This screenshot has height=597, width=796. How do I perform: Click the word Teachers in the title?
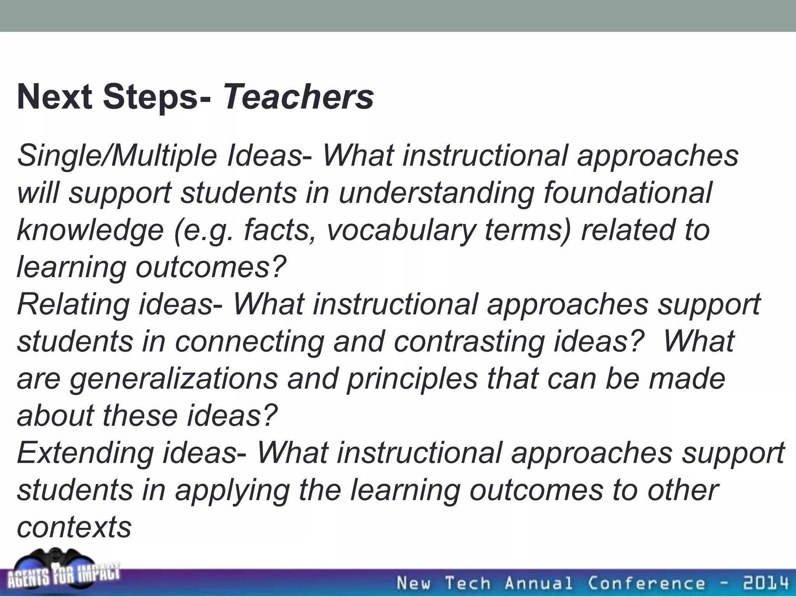click(298, 97)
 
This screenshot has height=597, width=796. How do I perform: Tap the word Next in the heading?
click(54, 97)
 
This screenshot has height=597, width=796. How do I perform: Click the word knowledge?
click(90, 230)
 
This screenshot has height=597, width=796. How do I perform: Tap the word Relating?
click(73, 304)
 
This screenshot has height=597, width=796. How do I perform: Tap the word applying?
click(232, 491)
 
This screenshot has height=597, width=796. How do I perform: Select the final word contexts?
click(74, 527)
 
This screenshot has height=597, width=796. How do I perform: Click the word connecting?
click(249, 341)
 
